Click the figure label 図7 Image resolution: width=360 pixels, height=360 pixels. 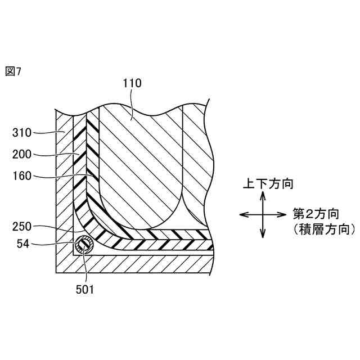click(12, 73)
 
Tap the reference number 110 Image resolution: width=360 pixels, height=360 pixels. click(132, 83)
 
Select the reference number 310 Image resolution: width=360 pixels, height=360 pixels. click(22, 133)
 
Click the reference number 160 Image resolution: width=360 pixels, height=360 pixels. click(22, 175)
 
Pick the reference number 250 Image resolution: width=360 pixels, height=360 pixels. click(22, 227)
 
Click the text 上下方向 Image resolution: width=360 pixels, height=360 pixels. click(268, 183)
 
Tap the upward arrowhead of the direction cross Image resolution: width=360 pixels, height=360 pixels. click(263, 195)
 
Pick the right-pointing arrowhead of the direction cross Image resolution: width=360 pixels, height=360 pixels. click(284, 214)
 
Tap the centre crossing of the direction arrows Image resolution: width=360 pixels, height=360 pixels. click(263, 214)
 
